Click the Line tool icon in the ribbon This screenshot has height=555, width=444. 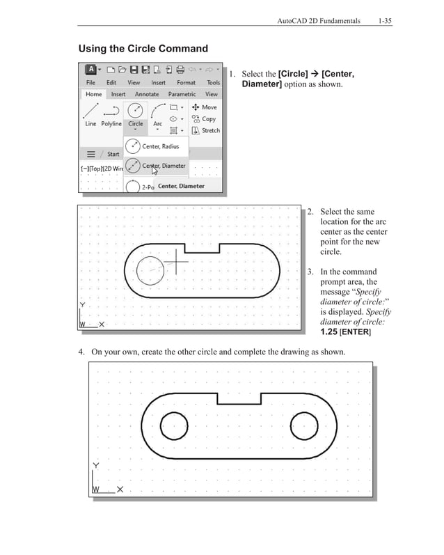point(90,111)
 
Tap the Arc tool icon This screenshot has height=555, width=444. point(158,111)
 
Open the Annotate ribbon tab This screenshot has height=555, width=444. point(147,94)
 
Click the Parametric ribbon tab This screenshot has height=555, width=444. point(182,94)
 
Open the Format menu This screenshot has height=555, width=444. point(186,82)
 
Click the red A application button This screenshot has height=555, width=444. point(90,70)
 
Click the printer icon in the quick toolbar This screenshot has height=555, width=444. point(180,70)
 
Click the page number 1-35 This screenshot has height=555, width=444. point(385,22)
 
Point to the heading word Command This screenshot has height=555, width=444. point(181,49)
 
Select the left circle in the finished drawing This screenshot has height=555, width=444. point(174,425)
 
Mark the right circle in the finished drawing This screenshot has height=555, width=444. point(303,425)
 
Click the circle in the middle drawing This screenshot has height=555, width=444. point(150,271)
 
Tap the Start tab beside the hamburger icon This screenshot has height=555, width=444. point(113,154)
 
